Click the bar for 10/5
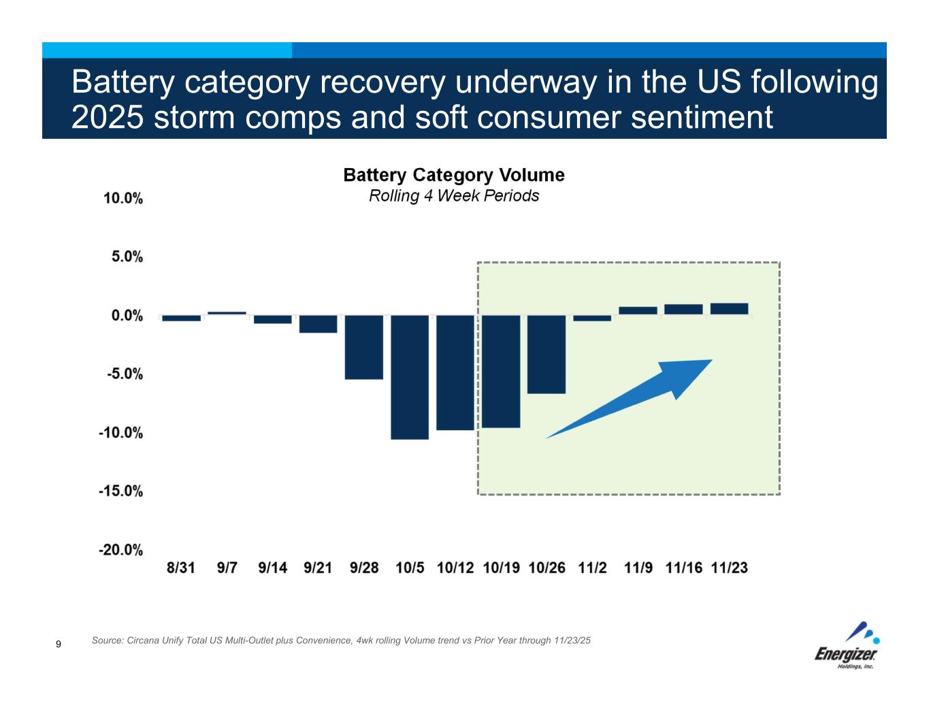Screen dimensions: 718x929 click(410, 377)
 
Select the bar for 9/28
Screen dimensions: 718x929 click(364, 347)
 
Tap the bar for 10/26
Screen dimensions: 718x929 click(547, 354)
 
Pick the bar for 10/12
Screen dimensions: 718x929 click(455, 372)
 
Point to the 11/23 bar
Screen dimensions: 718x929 click(729, 309)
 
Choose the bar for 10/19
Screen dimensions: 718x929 click(501, 371)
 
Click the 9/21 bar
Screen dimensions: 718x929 click(319, 324)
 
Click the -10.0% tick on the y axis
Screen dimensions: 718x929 click(121, 433)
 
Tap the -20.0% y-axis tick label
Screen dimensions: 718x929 click(121, 550)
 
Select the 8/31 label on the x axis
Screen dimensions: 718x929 click(181, 568)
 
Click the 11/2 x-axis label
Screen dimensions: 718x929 click(592, 568)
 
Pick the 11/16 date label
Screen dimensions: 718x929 click(683, 568)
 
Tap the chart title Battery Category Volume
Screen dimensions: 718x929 click(454, 176)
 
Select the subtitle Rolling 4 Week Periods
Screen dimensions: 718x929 click(454, 196)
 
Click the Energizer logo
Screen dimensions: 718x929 click(848, 647)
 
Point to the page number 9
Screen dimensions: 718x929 click(59, 644)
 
